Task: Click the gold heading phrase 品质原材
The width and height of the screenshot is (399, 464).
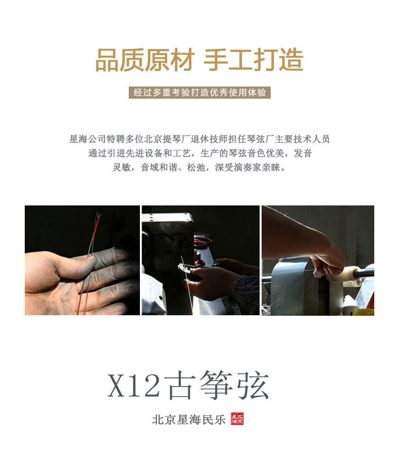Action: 145,60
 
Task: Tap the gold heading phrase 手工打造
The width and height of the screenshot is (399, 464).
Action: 254,60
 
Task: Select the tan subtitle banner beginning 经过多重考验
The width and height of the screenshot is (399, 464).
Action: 199,93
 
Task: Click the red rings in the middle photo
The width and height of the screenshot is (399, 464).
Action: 203,241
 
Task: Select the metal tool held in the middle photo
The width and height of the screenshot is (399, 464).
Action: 185,269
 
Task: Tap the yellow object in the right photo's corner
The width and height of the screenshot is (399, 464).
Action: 363,312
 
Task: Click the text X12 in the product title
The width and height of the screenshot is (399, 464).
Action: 134,385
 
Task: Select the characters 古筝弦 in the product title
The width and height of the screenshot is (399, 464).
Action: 217,385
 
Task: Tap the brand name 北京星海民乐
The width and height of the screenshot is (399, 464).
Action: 189,419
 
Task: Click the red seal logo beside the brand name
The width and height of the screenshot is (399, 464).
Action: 237,419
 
